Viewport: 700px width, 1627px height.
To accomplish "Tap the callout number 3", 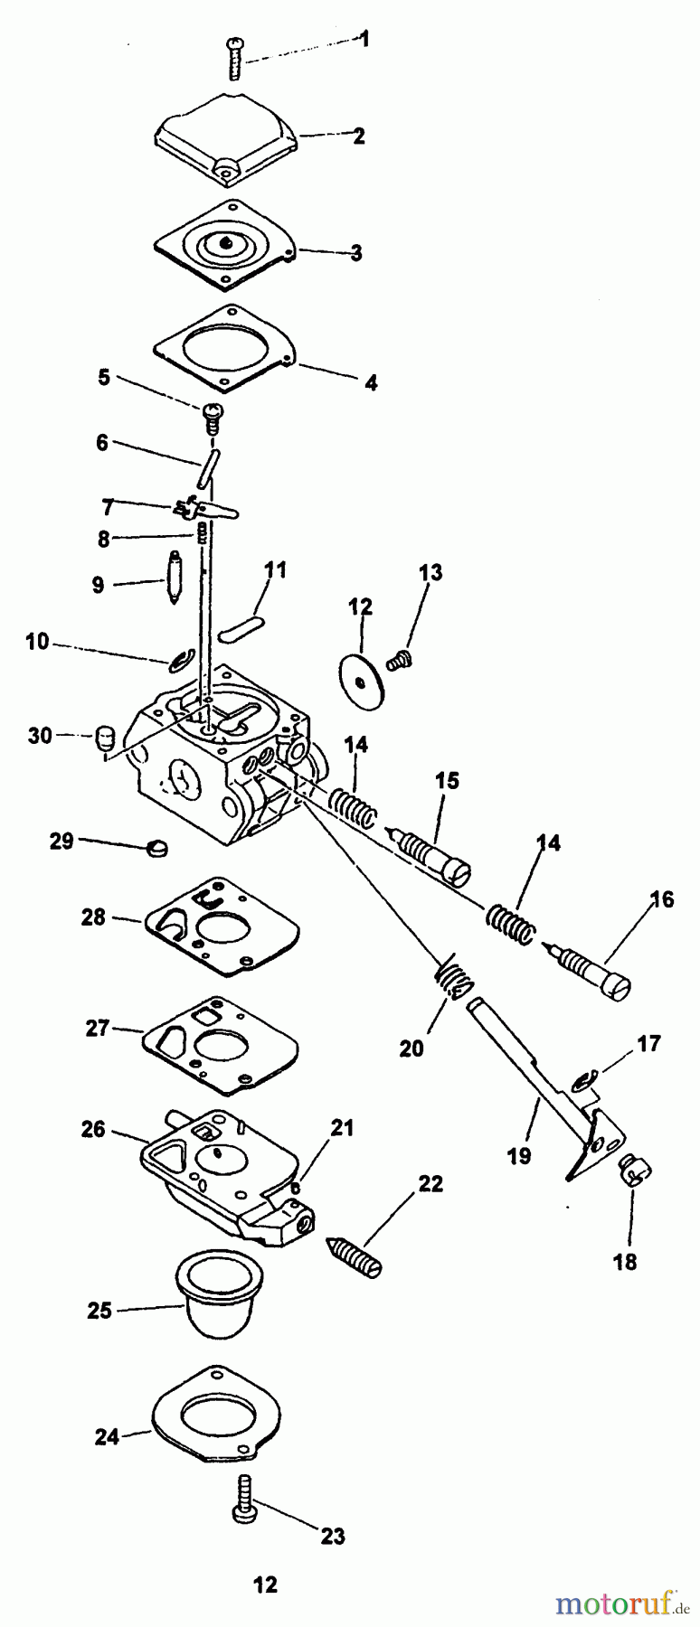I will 357,253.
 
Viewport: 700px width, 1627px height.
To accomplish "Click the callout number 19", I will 520,1155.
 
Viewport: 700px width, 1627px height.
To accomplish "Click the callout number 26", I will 93,1130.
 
